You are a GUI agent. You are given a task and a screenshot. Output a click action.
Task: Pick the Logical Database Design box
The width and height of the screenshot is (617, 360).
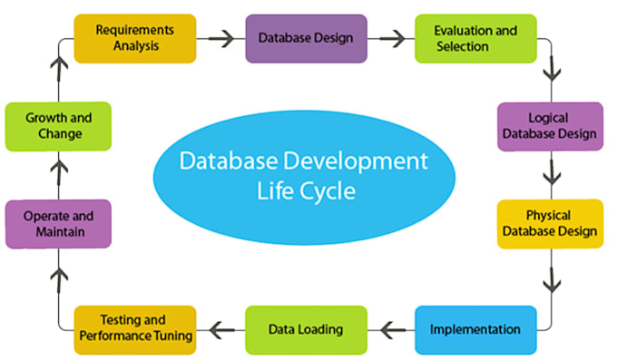click(x=550, y=127)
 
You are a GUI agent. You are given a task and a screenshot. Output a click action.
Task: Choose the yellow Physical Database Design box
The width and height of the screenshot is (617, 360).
click(x=550, y=223)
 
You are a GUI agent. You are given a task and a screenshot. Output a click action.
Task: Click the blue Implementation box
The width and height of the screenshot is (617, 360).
click(x=475, y=329)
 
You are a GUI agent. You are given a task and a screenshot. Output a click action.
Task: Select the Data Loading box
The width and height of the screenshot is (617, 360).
click(x=306, y=329)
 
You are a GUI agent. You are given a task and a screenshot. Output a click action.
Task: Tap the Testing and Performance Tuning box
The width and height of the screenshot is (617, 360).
click(x=133, y=329)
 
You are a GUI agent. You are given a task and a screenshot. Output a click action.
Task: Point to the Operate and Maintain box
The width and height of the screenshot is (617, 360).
click(x=58, y=224)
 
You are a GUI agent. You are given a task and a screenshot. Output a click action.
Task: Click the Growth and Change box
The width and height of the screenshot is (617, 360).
click(x=58, y=126)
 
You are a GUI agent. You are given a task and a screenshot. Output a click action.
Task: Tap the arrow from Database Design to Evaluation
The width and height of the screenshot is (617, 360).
click(x=391, y=38)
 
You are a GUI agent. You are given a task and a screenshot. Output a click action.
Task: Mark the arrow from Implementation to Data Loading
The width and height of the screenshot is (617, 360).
click(x=391, y=329)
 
